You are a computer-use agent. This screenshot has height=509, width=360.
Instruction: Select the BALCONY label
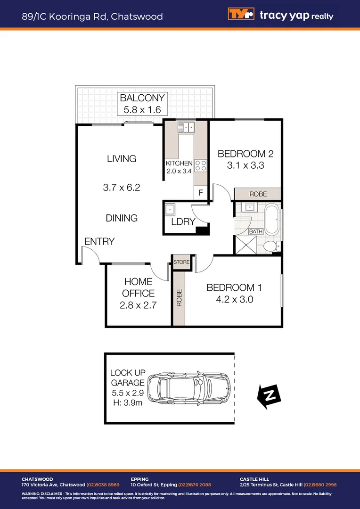(x=142, y=98)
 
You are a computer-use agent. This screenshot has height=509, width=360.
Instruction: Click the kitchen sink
(x=187, y=127)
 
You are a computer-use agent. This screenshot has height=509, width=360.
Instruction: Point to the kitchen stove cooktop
(x=201, y=165)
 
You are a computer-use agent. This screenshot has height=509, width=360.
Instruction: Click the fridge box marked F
(x=201, y=192)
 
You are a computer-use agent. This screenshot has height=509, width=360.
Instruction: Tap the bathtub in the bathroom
(x=271, y=219)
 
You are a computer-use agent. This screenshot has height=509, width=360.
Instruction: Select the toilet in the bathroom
(x=270, y=246)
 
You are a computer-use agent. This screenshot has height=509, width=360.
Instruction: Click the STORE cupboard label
(x=181, y=262)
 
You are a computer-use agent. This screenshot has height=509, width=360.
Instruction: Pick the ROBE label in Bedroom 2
(x=258, y=194)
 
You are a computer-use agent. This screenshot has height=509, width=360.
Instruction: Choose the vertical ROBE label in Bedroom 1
(x=179, y=298)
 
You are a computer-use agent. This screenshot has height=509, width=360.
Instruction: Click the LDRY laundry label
(x=183, y=222)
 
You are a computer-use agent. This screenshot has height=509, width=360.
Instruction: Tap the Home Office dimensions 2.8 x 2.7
(x=138, y=305)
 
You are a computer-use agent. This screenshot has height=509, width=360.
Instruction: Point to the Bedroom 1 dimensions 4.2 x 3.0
(x=234, y=299)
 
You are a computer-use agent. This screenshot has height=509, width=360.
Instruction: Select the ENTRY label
(x=99, y=241)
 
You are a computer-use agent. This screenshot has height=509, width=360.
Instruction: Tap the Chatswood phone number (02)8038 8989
(x=103, y=484)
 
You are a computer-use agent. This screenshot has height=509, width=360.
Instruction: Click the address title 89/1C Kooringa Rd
(x=92, y=16)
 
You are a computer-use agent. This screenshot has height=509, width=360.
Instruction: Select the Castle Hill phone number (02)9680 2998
(x=320, y=484)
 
